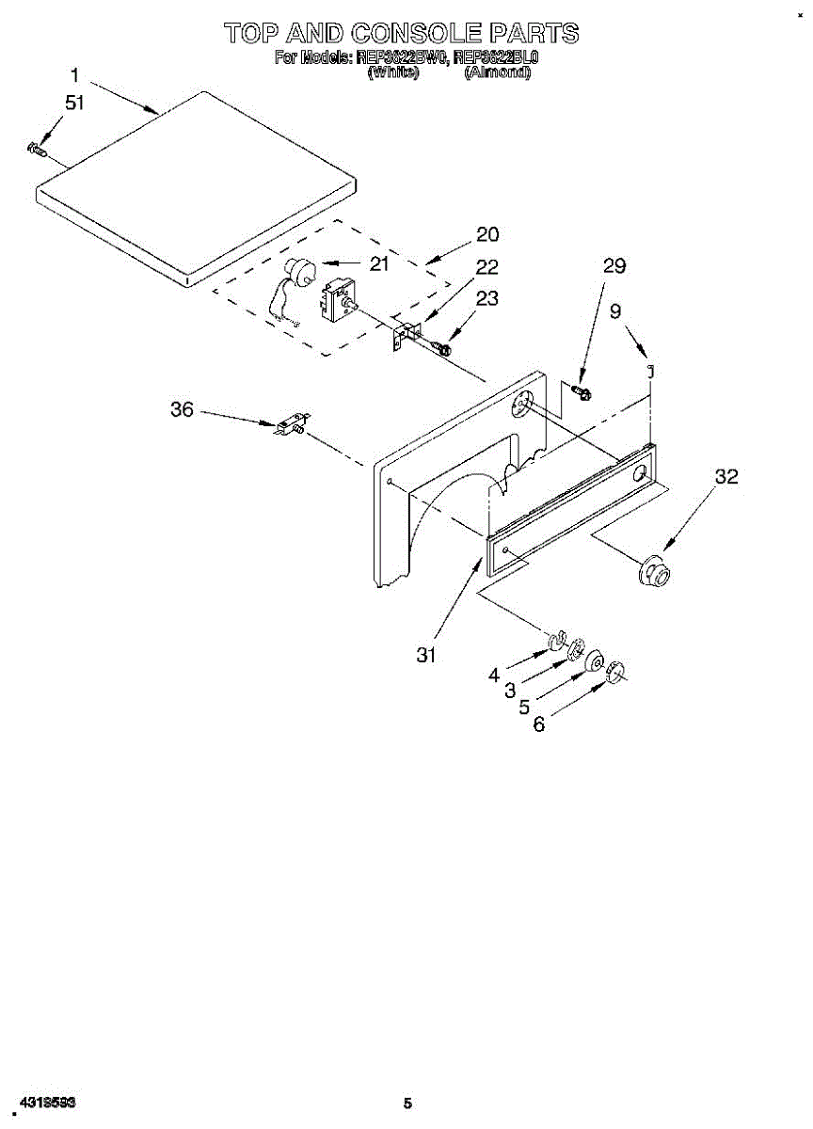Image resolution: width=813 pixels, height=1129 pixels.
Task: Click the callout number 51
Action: coord(73,103)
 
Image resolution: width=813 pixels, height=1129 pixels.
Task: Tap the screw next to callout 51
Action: coord(37,147)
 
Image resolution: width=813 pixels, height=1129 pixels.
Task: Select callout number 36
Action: coord(182,409)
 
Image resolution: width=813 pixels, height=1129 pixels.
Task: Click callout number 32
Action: coord(725,477)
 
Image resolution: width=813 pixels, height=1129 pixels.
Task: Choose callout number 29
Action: coord(614,266)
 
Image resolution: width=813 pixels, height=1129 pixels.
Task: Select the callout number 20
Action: coord(487,234)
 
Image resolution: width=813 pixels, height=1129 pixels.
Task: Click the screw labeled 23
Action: coord(441,348)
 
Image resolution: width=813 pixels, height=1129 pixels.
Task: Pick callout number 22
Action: coord(487,266)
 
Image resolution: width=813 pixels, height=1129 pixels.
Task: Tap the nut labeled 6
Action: coord(614,670)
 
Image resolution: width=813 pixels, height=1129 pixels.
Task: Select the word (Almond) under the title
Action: coord(498,72)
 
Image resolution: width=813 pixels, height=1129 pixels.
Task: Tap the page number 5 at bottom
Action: coord(407,1103)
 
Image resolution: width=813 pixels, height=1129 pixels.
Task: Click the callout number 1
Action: coord(73,74)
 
